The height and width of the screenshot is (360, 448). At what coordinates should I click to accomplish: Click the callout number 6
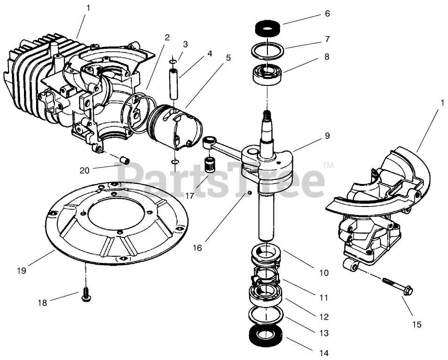(x=327, y=14)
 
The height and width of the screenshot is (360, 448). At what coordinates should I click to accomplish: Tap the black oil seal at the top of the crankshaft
(x=268, y=28)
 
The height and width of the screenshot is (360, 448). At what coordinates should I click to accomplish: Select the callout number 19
(x=21, y=270)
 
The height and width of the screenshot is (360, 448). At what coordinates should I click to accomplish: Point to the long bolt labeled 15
(x=396, y=286)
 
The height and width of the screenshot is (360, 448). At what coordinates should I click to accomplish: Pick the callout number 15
(x=417, y=324)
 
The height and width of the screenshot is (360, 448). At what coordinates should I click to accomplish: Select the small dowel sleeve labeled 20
(x=124, y=161)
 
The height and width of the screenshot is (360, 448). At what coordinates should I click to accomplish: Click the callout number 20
(x=84, y=170)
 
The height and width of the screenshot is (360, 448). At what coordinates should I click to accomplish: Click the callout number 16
(x=197, y=247)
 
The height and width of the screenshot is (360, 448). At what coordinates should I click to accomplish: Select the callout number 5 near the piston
(x=228, y=58)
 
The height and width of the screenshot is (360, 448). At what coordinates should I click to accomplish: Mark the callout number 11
(x=324, y=297)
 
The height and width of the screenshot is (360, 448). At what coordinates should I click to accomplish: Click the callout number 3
(x=185, y=44)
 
